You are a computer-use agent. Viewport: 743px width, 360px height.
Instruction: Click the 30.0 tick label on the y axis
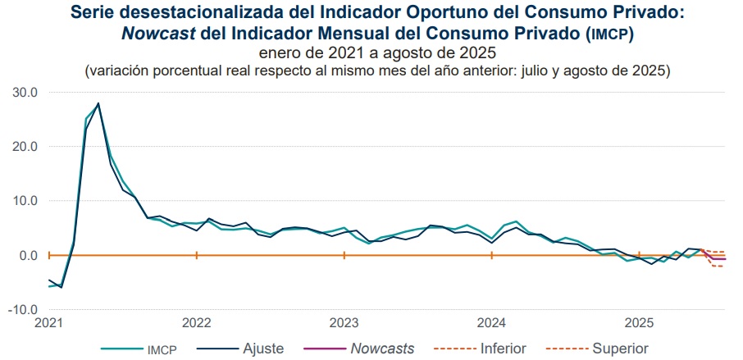(25, 92)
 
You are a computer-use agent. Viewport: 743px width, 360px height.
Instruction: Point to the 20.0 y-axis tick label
(25, 147)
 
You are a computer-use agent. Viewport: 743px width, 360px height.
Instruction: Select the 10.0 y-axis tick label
(25, 201)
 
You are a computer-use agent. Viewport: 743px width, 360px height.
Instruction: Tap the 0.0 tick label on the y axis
(28, 255)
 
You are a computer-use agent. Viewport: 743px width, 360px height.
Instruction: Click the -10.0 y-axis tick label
(23, 310)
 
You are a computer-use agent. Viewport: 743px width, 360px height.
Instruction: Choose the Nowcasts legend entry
(382, 349)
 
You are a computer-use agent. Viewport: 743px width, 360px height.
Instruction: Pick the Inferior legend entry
(500, 349)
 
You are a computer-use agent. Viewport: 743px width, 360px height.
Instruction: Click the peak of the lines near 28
(98, 103)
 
